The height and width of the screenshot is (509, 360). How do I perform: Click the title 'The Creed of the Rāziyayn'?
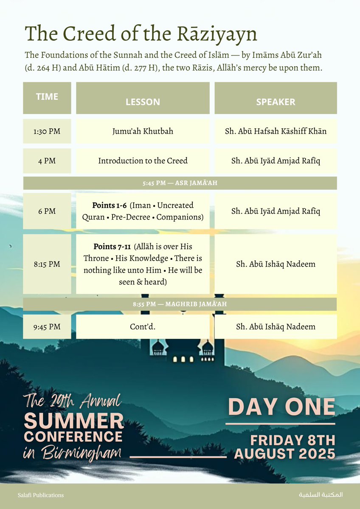click(x=141, y=34)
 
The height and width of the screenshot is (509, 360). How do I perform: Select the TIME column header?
click(x=47, y=97)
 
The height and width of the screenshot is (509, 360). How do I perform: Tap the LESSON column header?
click(x=143, y=102)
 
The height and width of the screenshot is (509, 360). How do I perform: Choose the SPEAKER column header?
click(x=276, y=102)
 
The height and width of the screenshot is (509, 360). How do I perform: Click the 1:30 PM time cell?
click(x=47, y=131)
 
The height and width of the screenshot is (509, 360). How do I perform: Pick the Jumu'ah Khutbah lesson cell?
click(x=143, y=131)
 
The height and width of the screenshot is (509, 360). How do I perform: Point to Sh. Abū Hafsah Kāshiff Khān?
click(x=276, y=131)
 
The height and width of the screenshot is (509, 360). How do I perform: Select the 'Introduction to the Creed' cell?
click(x=143, y=161)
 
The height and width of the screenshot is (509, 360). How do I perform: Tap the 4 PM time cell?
click(x=47, y=161)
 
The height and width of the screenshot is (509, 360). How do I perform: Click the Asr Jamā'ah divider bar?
click(x=180, y=183)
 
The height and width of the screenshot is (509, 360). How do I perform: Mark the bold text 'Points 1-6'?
click(x=109, y=205)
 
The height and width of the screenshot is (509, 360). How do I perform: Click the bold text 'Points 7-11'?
click(x=111, y=247)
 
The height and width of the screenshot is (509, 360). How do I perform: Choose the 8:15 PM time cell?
click(x=47, y=264)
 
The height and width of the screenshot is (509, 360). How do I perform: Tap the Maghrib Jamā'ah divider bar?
click(x=180, y=304)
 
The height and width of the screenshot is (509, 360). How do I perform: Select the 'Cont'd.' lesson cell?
click(x=143, y=327)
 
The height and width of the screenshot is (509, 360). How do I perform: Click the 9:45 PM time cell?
click(x=47, y=327)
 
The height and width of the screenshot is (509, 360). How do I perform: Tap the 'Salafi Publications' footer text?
click(x=41, y=495)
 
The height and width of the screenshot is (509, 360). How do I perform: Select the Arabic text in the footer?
click(x=320, y=495)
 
